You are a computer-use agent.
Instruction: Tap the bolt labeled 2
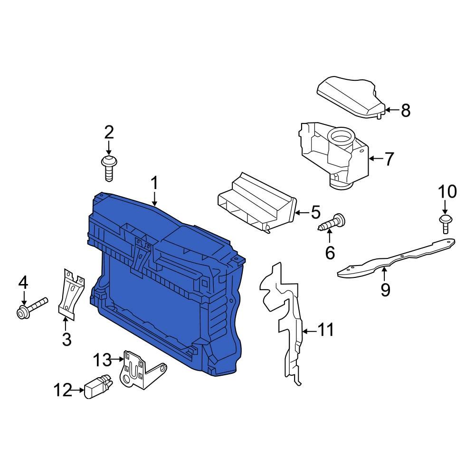point(109,167)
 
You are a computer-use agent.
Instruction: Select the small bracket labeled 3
point(70,292)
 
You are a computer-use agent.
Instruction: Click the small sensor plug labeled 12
point(97,387)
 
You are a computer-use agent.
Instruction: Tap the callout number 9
point(385,289)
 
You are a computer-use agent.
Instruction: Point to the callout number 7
point(389,159)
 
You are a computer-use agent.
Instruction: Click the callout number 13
point(101,360)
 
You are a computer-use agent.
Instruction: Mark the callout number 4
point(23,284)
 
